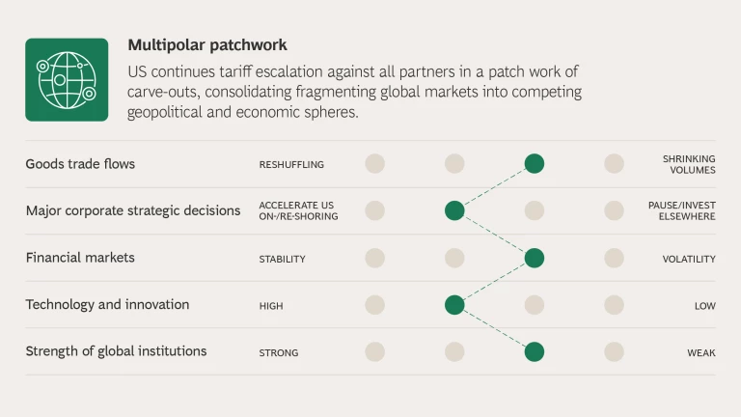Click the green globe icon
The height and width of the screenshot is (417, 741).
coord(67,80)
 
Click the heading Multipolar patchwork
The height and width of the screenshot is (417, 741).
coord(207,45)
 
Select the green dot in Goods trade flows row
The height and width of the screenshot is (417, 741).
coord(534,163)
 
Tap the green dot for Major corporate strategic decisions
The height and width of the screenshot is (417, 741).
coord(454,210)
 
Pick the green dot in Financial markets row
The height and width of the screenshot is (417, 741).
coord(534,258)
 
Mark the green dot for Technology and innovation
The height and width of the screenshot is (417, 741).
coord(454,305)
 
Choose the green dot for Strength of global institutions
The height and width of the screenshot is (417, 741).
coord(534,351)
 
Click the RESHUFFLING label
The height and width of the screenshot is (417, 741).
coord(291,164)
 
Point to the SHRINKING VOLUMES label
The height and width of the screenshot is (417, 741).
coord(689,164)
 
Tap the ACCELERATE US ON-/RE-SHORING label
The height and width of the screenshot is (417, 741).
coord(299,210)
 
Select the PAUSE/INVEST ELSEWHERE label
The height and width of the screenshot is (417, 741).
coord(682,210)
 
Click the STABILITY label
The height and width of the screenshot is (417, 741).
coord(282,259)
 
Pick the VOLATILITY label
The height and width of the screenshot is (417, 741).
coord(689,259)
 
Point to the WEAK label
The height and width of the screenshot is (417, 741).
coord(701,352)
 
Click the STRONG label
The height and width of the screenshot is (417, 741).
coord(279,352)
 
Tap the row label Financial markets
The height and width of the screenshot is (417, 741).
coord(80,258)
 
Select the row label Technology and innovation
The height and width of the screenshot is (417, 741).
coord(107,304)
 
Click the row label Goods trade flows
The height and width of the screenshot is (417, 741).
coord(80,164)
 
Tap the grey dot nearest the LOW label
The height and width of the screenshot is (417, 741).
coord(614,305)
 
